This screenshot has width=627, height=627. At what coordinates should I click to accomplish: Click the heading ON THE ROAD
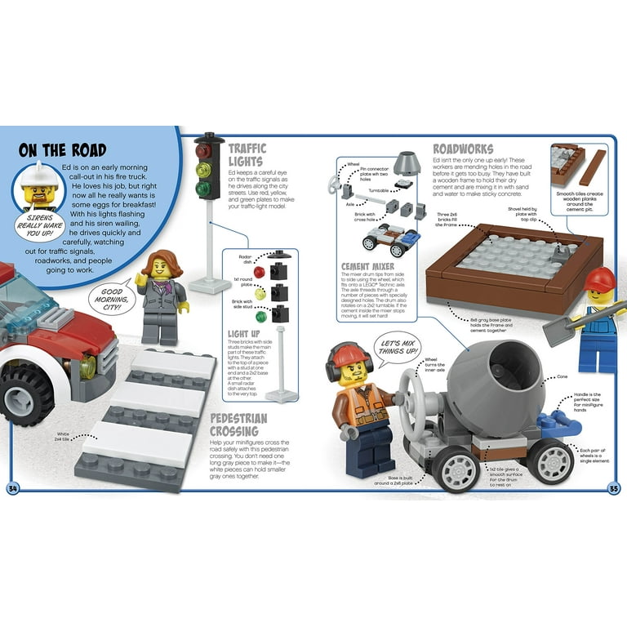coord(62,150)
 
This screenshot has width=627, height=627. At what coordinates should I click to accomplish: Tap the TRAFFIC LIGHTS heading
coord(247,156)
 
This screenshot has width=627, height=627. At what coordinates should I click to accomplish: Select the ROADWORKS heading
coord(463,149)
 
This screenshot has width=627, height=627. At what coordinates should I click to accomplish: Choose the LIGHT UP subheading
coord(244,334)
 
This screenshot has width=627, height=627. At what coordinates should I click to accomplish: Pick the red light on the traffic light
coord(203,151)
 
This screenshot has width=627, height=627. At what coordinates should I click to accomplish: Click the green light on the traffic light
coord(203,189)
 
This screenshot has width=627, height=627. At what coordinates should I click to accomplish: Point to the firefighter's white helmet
coord(36,174)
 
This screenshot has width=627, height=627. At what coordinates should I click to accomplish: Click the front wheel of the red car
coord(24,393)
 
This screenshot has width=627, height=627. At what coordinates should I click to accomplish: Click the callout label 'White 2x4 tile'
coord(63,437)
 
